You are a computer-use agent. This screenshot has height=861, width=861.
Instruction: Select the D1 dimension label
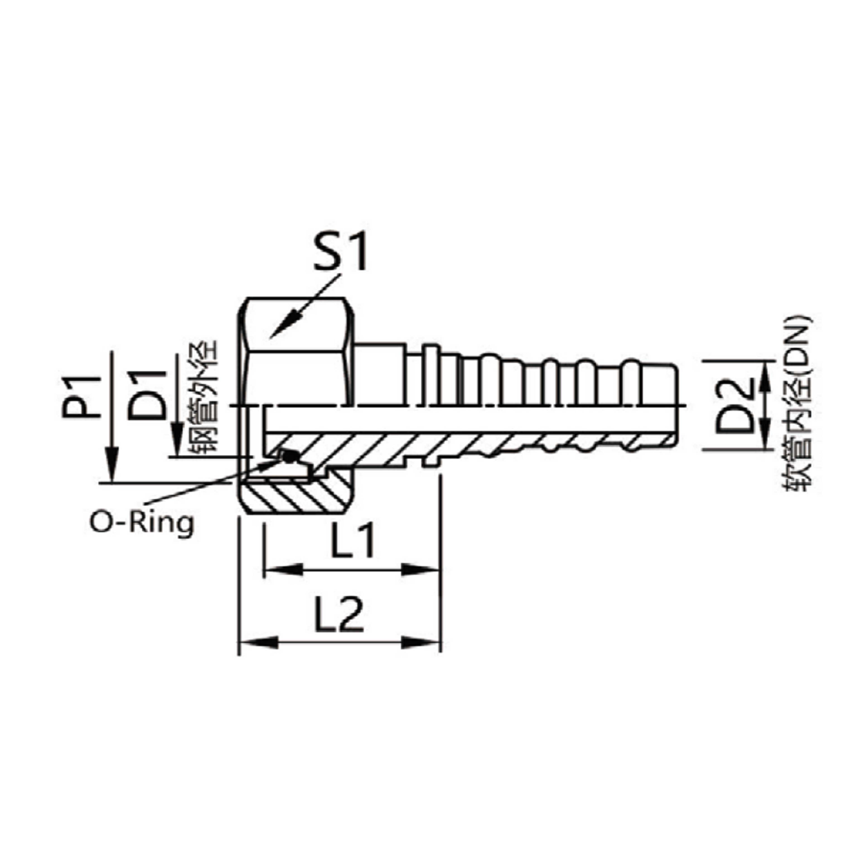coord(147,395)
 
